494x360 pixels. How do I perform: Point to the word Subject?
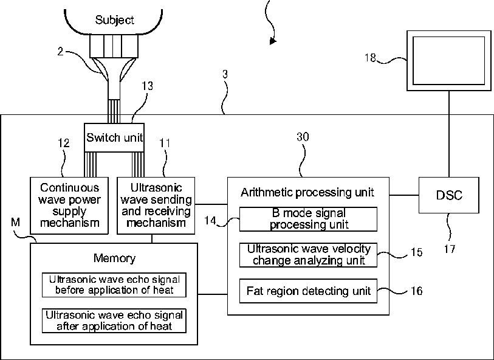coord(114,20)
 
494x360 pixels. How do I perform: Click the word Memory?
coord(114,258)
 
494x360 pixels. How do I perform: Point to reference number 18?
coord(370,58)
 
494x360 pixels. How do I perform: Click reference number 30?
coord(303,137)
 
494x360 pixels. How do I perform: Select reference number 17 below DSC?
coord(450,249)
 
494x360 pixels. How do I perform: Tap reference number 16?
coord(416,291)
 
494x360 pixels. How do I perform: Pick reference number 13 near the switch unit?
coord(147,86)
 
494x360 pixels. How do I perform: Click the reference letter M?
coord(15,222)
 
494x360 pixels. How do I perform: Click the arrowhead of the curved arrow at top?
coord(273,41)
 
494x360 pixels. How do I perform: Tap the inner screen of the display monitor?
coord(448,61)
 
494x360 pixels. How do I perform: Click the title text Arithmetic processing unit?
coord(307,192)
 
